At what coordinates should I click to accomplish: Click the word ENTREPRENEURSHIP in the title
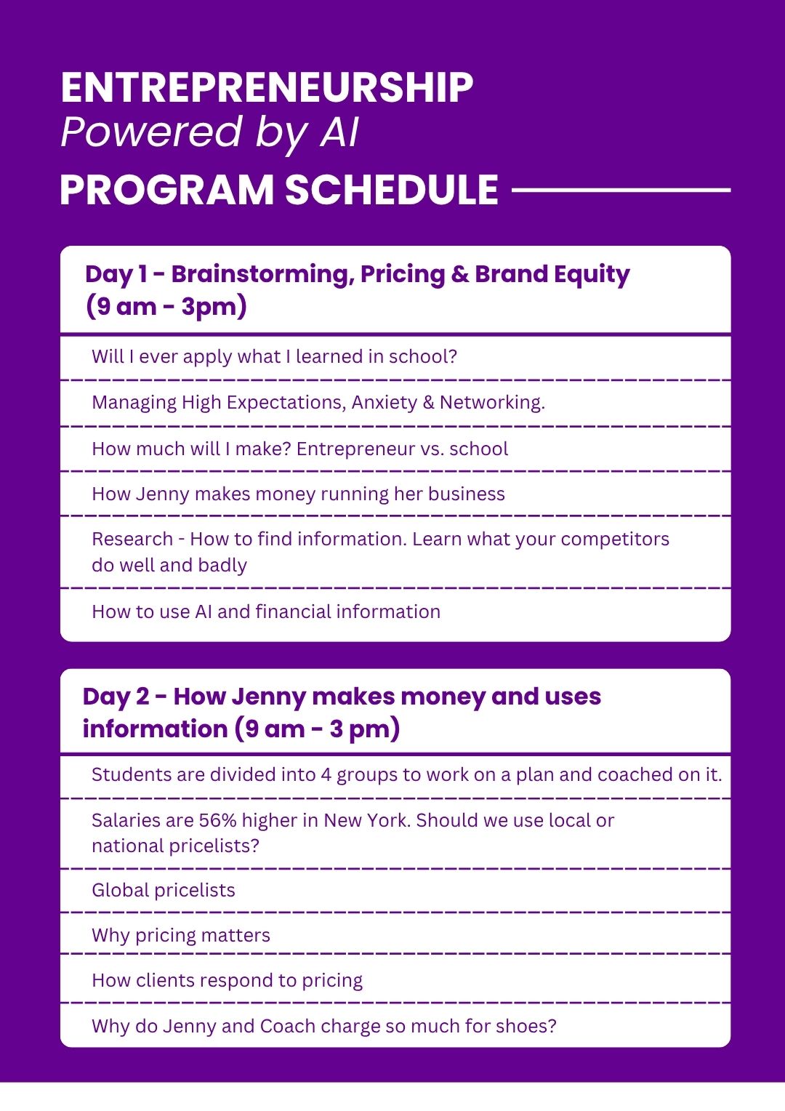267,88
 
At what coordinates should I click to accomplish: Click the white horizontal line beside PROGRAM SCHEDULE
621,190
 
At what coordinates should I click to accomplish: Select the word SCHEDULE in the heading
392,190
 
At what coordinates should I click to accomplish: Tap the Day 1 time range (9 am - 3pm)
166,307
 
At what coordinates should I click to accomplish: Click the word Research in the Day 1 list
132,539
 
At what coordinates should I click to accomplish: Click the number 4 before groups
326,775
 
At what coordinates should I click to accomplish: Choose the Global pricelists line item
164,891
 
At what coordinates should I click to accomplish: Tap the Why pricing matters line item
181,936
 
